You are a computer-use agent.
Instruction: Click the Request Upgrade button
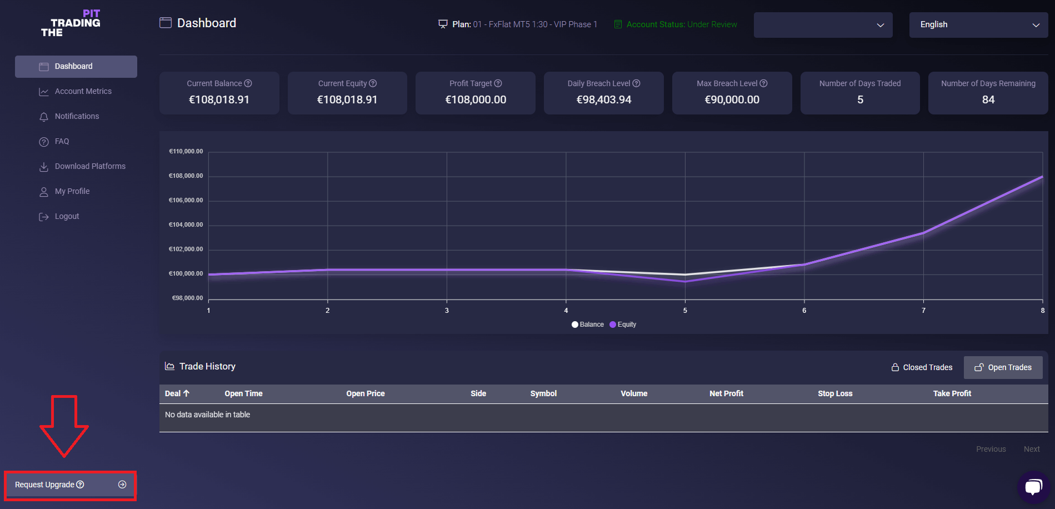pyautogui.click(x=70, y=485)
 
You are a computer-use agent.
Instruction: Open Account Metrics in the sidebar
pyautogui.click(x=83, y=91)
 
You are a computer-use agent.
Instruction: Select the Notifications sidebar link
pyautogui.click(x=77, y=116)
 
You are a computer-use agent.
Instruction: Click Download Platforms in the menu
pyautogui.click(x=90, y=166)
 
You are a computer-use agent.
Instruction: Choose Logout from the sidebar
pyautogui.click(x=67, y=216)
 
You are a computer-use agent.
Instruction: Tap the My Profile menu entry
pyautogui.click(x=72, y=191)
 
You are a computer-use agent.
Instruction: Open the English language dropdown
pyautogui.click(x=978, y=25)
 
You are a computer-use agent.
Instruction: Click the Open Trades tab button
pyautogui.click(x=1003, y=367)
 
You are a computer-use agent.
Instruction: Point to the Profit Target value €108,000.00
pyautogui.click(x=476, y=100)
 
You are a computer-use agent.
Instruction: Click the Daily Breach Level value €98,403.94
pyautogui.click(x=604, y=100)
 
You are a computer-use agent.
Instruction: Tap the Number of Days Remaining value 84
pyautogui.click(x=988, y=100)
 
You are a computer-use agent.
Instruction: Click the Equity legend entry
pyautogui.click(x=623, y=325)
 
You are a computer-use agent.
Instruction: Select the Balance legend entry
pyautogui.click(x=588, y=325)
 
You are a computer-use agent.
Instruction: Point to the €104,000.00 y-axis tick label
pyautogui.click(x=186, y=224)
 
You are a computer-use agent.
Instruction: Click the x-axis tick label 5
pyautogui.click(x=685, y=311)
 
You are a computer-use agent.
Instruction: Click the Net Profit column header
pyautogui.click(x=726, y=393)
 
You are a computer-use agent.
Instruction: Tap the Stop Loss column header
pyautogui.click(x=835, y=393)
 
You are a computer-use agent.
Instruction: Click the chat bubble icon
pyautogui.click(x=1033, y=487)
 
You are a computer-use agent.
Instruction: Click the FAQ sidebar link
pyautogui.click(x=62, y=141)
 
